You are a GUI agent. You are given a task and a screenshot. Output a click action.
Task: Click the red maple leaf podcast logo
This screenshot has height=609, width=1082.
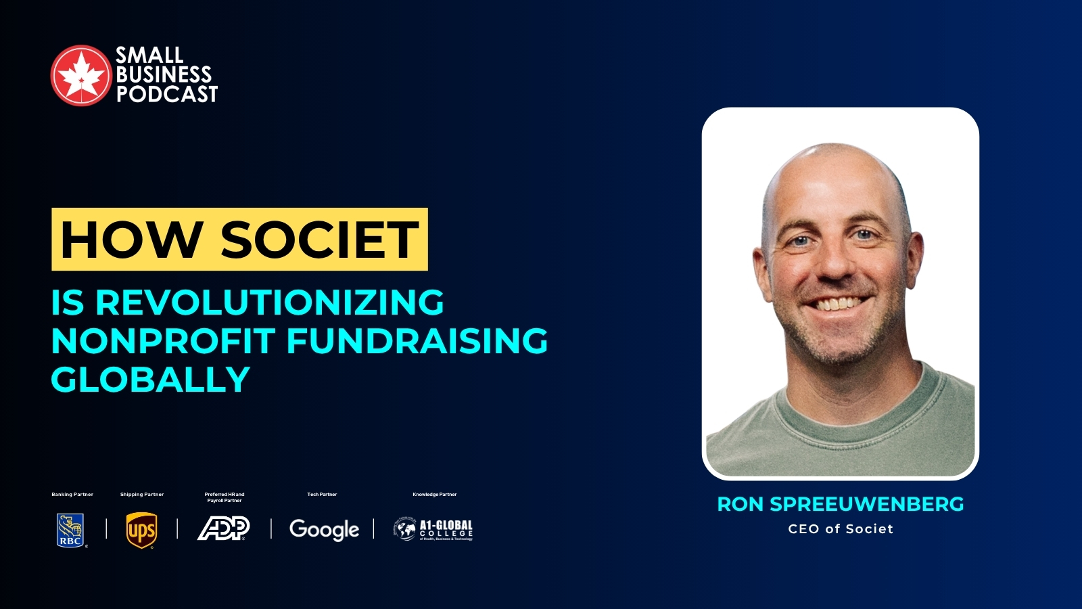[x=80, y=76]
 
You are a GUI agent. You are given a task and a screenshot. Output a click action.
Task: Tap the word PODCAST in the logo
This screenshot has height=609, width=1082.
[x=167, y=94]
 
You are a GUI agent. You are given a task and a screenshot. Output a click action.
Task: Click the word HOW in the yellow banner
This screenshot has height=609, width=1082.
[x=131, y=240]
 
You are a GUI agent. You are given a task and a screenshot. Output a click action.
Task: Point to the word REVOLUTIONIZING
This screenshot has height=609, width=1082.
[x=269, y=302]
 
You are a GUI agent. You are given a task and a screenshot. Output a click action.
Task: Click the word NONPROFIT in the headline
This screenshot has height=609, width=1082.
[x=163, y=340]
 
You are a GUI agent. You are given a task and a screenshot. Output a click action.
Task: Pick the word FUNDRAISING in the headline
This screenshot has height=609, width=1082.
[x=417, y=340]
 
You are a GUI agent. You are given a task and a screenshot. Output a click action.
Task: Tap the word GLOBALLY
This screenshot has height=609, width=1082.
[x=151, y=379]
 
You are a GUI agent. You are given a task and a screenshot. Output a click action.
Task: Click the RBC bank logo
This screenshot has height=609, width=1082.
[x=70, y=530]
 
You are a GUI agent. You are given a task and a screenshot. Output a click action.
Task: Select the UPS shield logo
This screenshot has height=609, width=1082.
[x=141, y=530]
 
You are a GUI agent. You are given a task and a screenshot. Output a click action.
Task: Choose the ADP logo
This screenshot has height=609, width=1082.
[x=224, y=528]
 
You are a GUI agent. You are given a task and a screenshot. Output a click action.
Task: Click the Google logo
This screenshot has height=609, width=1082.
[x=324, y=530]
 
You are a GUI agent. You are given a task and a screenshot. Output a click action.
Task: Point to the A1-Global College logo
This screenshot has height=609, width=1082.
[x=433, y=529]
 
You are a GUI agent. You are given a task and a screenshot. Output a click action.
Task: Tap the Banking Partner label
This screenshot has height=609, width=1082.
[x=72, y=495]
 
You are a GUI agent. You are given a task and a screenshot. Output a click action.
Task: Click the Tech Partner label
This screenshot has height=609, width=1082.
[x=322, y=495]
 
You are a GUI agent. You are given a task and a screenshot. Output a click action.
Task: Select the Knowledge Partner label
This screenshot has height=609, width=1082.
[x=434, y=495]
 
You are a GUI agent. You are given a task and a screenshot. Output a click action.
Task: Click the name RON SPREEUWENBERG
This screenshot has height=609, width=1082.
[x=841, y=504]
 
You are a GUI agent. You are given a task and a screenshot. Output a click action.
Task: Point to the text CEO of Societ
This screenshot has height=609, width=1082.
[x=841, y=529]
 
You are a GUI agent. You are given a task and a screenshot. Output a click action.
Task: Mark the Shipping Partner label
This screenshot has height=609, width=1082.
[x=142, y=495]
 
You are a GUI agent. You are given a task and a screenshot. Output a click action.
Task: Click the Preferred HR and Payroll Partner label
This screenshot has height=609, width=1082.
[x=225, y=497]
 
